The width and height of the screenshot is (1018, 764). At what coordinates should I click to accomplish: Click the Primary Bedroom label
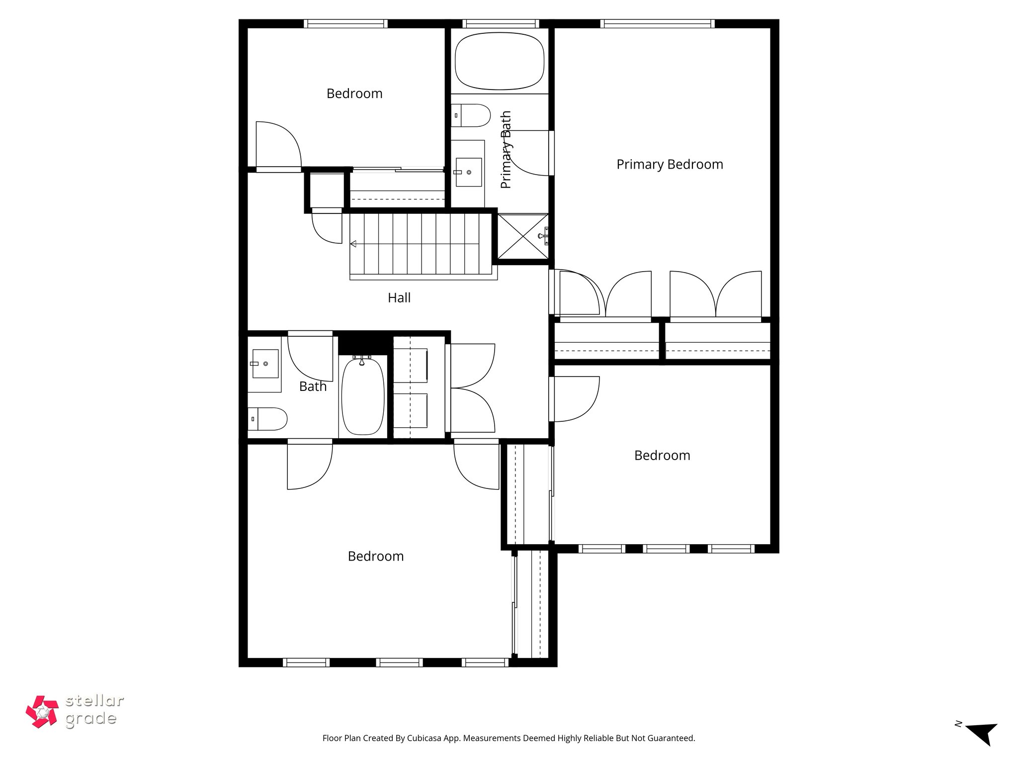pos(670,165)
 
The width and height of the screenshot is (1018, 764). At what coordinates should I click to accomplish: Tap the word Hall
pos(399,298)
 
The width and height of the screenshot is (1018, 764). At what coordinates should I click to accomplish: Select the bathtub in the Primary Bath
pos(500,61)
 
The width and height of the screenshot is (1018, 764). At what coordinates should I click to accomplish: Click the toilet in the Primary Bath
pos(470,115)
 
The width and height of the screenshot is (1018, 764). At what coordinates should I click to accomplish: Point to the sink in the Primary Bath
pos(469,172)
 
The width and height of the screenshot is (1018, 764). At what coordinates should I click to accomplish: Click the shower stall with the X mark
pos(523,236)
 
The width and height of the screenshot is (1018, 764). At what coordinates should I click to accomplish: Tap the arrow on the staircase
pos(353,244)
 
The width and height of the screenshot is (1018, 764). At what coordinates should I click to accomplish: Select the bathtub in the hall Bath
pos(363,396)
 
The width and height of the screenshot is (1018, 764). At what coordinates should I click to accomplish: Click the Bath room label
pos(313,386)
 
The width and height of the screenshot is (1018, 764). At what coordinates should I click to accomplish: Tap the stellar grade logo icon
pos(42,712)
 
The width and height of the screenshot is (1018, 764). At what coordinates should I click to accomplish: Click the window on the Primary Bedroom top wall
pos(657,23)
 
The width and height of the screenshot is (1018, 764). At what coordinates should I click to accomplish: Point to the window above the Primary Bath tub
pos(500,23)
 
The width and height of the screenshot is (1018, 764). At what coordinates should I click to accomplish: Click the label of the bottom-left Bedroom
pos(376,556)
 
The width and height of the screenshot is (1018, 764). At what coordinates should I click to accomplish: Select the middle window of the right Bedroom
pos(666,549)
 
